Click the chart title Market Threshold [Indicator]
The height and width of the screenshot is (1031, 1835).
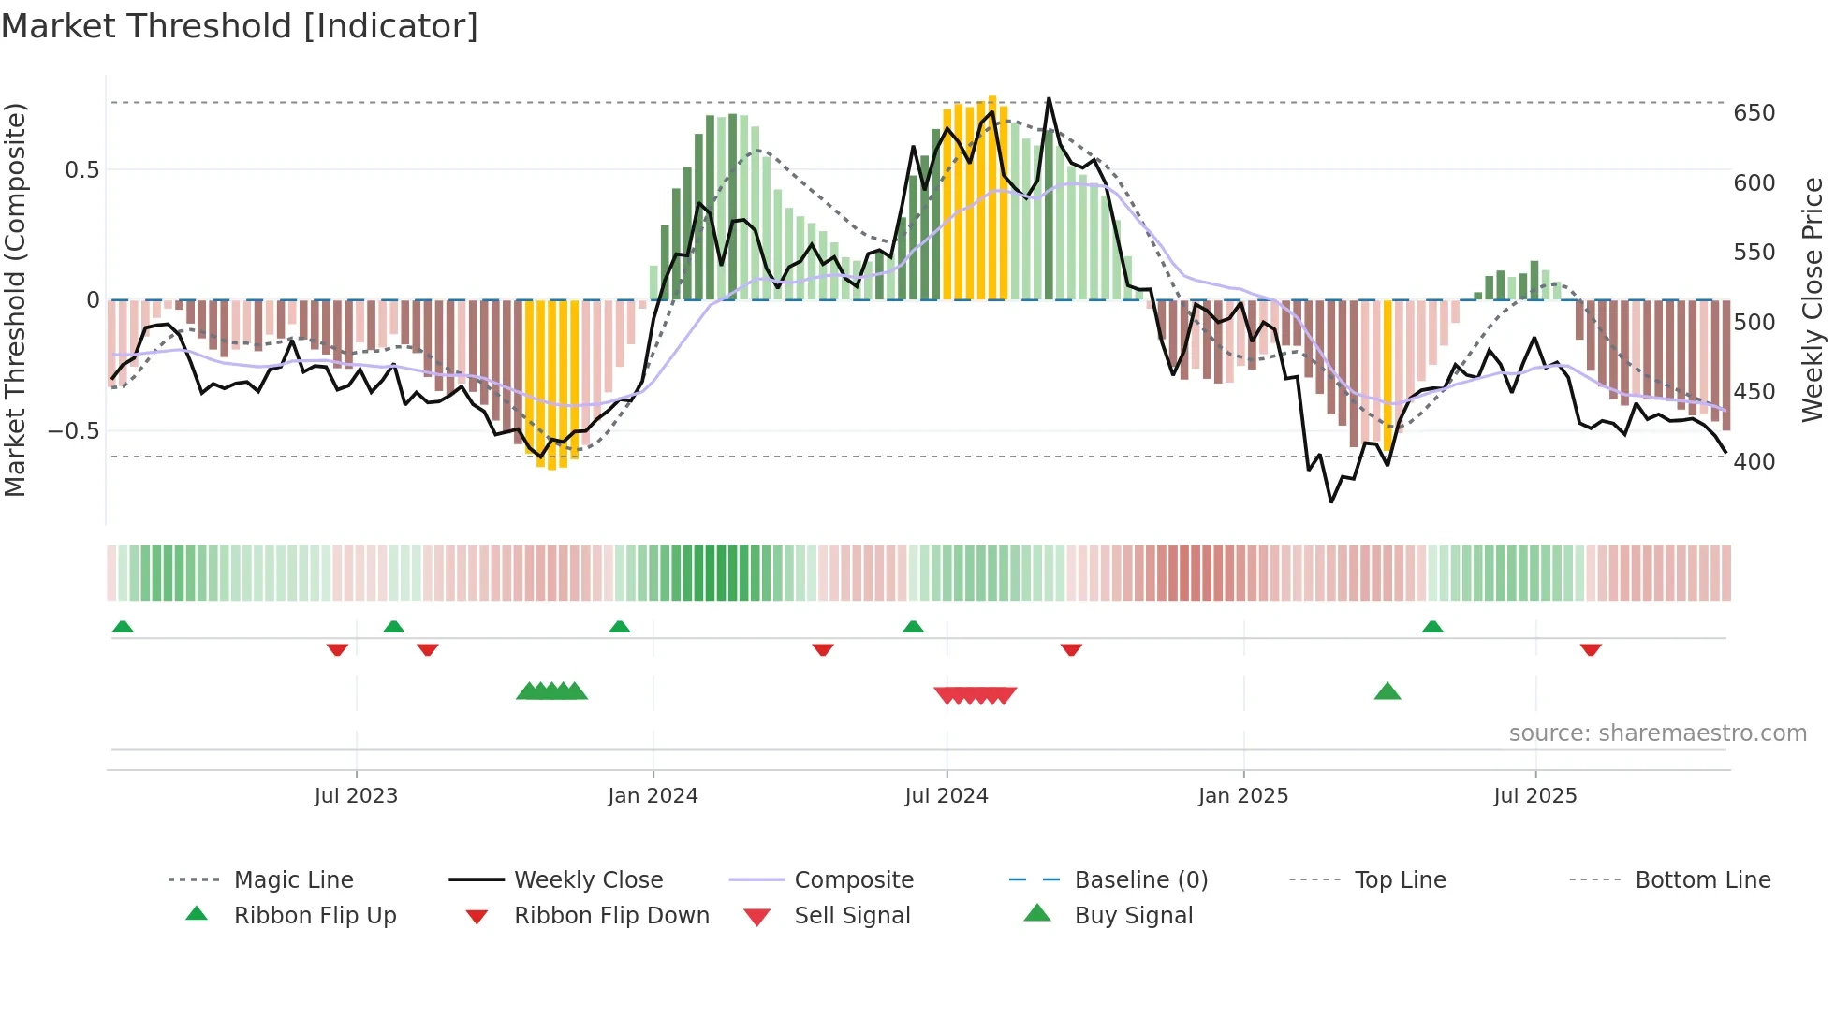tap(240, 26)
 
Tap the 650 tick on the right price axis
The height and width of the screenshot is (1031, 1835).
tap(1754, 113)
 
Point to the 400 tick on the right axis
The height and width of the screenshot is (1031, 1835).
tap(1754, 461)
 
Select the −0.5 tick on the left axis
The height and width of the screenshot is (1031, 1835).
tap(74, 431)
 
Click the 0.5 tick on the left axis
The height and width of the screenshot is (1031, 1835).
tap(81, 170)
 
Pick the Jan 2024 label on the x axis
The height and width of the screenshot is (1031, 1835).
tap(653, 796)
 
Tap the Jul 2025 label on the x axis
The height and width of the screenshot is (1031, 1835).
tap(1534, 796)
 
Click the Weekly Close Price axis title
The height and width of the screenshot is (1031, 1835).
tap(1813, 299)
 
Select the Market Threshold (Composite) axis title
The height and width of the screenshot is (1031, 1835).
tap(15, 299)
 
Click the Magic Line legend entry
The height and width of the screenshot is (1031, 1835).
tap(293, 880)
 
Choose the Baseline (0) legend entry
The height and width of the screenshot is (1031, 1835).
tap(1140, 880)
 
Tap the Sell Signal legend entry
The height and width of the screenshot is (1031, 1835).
tap(851, 916)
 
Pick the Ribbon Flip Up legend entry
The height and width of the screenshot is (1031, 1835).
tap(315, 916)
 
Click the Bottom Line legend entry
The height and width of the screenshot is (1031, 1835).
tap(1702, 880)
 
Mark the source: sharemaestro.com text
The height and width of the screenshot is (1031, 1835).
tap(1657, 733)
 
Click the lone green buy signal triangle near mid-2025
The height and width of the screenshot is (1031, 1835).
tap(1387, 691)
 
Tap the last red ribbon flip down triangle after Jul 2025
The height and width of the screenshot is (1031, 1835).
tap(1591, 649)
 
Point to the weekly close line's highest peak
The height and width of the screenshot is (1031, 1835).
tap(1049, 98)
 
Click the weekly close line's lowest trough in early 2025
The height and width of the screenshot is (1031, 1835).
tap(1331, 502)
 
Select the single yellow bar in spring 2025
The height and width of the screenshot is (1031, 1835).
tap(1387, 374)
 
